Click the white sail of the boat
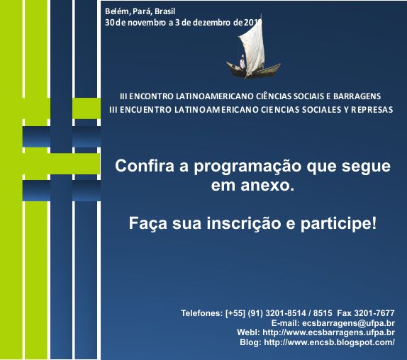pos(252,47)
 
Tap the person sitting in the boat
pos(242,62)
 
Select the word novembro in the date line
pos(147,23)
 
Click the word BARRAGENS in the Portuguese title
pos(357,96)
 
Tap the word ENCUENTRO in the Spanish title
pos(145,110)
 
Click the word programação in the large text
pos(247,167)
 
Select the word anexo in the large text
pos(267,186)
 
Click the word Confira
pos(145,166)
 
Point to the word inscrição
pos(244,223)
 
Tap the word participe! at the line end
pos(338,223)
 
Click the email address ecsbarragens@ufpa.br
pos(348,323)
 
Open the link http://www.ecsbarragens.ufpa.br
pos(328,332)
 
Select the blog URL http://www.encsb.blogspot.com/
pos(330,342)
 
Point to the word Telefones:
pos(202,313)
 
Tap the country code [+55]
pos(235,313)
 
